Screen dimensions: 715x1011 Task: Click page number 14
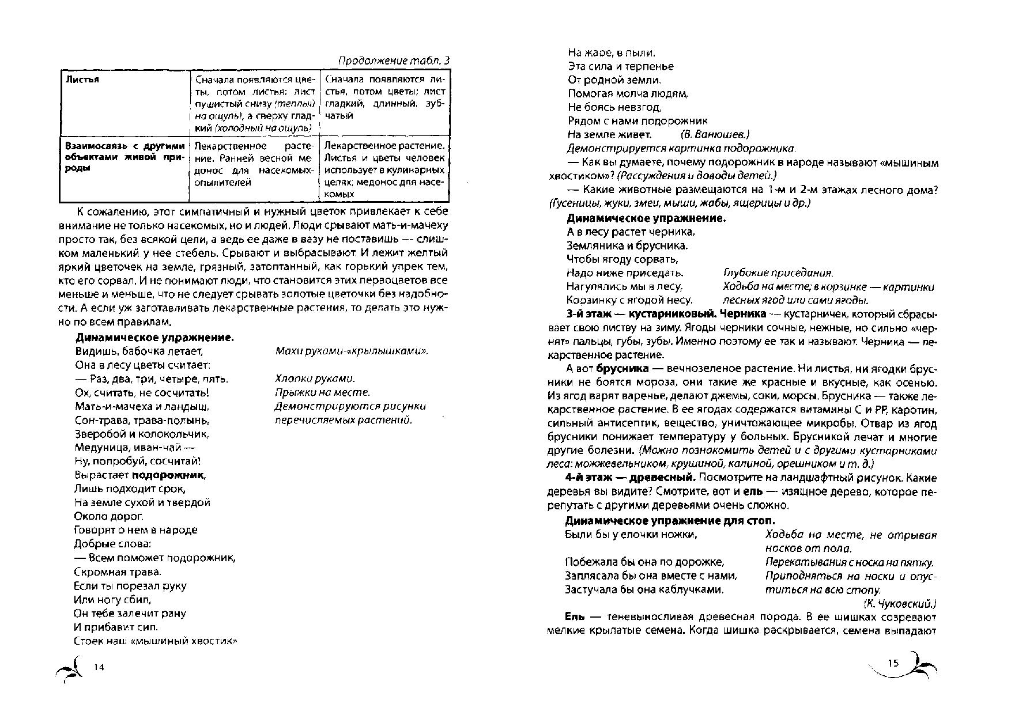(99, 667)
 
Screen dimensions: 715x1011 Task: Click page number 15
(893, 663)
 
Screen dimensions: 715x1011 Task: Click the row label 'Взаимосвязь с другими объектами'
(125, 146)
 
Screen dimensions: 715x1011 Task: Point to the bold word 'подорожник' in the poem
(168, 475)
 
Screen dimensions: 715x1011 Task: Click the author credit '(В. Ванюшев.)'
(714, 134)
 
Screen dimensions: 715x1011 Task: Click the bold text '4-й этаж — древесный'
(631, 478)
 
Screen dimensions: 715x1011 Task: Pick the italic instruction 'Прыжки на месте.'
(322, 392)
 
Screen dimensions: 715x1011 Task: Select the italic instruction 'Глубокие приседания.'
(778, 273)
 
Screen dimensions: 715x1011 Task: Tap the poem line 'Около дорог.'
(109, 516)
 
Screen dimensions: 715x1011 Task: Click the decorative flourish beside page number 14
(71, 670)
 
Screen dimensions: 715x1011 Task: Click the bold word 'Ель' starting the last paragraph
(575, 616)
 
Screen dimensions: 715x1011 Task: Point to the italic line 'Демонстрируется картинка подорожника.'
(681, 148)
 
